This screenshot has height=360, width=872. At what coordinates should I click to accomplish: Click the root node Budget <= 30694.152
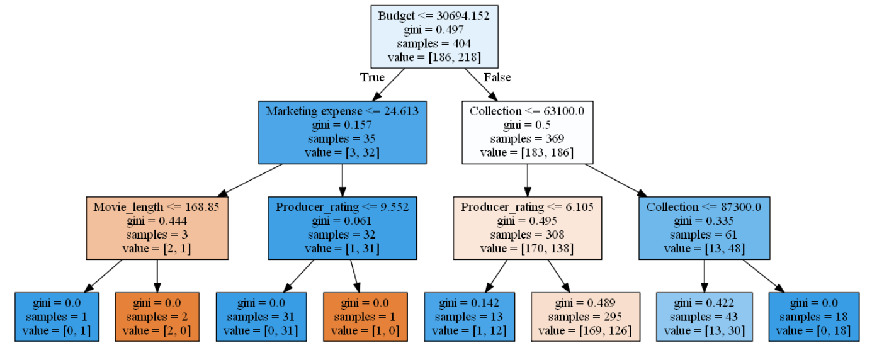pos(434,37)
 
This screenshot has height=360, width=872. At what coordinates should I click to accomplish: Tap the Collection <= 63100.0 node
pos(527,132)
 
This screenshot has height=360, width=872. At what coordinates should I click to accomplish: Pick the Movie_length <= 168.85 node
pos(157,228)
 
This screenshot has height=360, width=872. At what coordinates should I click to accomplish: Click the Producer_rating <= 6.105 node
pos(527,228)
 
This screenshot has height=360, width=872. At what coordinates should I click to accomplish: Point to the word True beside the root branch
pos(372,77)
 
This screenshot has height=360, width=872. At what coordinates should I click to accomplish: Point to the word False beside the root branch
pos(497,77)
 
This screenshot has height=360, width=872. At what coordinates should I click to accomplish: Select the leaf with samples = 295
pos(586,317)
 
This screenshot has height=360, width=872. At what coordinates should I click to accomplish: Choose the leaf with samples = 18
pos(813,317)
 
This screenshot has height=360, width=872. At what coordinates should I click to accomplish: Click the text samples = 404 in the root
pos(434,43)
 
